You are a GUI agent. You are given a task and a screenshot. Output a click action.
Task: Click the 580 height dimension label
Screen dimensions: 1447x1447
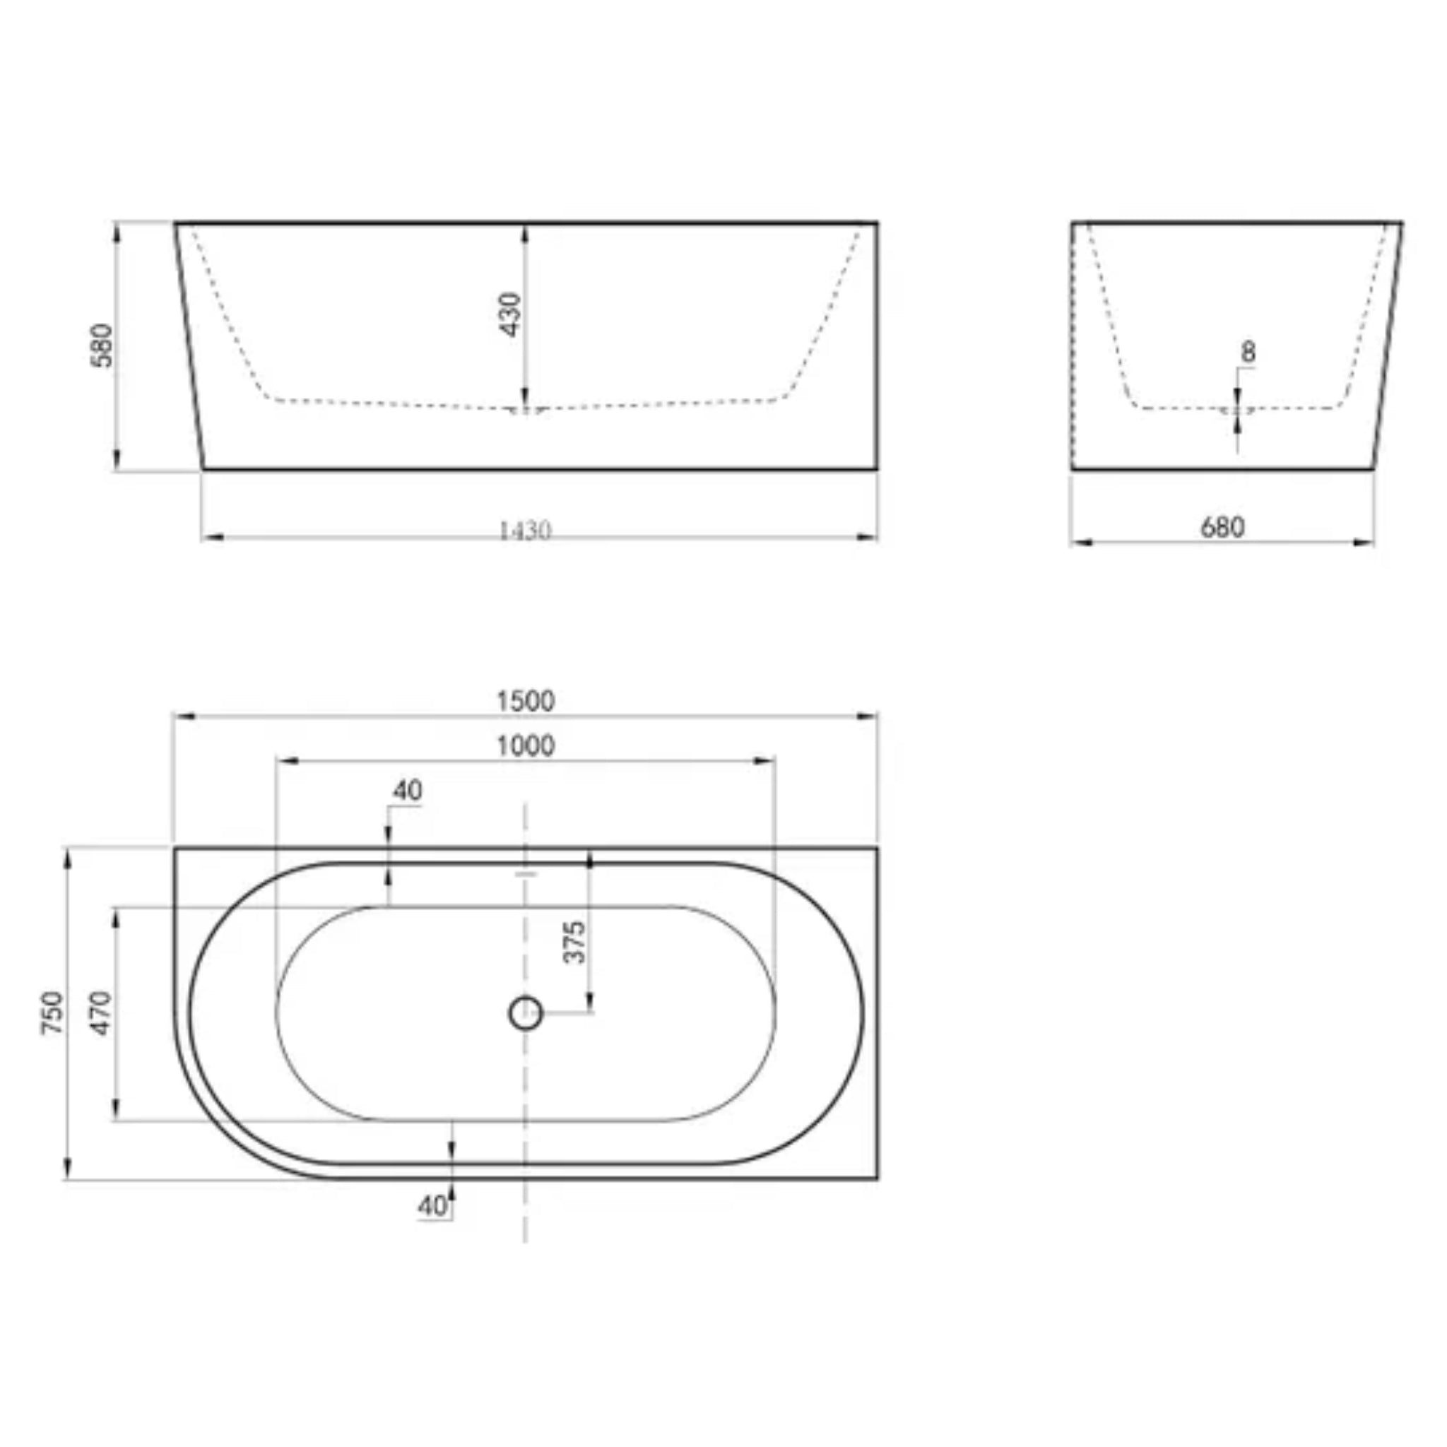click(x=101, y=345)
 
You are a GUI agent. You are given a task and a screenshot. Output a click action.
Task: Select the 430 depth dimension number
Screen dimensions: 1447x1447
click(x=511, y=314)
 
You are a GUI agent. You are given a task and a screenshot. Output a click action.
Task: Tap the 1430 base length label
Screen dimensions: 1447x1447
click(x=525, y=531)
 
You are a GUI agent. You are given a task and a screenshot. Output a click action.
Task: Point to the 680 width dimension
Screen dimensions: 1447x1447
click(x=1222, y=527)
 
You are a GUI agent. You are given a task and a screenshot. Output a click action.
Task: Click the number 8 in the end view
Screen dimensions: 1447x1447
click(x=1248, y=352)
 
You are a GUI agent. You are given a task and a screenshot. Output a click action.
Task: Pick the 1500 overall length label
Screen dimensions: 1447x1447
click(x=526, y=701)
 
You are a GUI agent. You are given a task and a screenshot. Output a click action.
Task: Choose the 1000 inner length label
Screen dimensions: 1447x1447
click(x=526, y=746)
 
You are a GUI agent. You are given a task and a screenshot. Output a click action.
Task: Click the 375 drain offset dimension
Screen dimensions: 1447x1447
click(x=574, y=943)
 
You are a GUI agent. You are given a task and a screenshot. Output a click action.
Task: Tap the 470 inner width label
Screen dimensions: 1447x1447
click(x=101, y=1012)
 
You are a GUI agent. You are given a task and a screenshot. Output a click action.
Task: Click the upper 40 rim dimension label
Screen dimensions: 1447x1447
click(x=408, y=790)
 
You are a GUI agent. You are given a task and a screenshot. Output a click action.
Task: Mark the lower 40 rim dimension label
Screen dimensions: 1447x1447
click(x=432, y=1206)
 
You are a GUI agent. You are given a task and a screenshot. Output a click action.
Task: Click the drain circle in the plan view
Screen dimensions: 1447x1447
click(x=526, y=1013)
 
